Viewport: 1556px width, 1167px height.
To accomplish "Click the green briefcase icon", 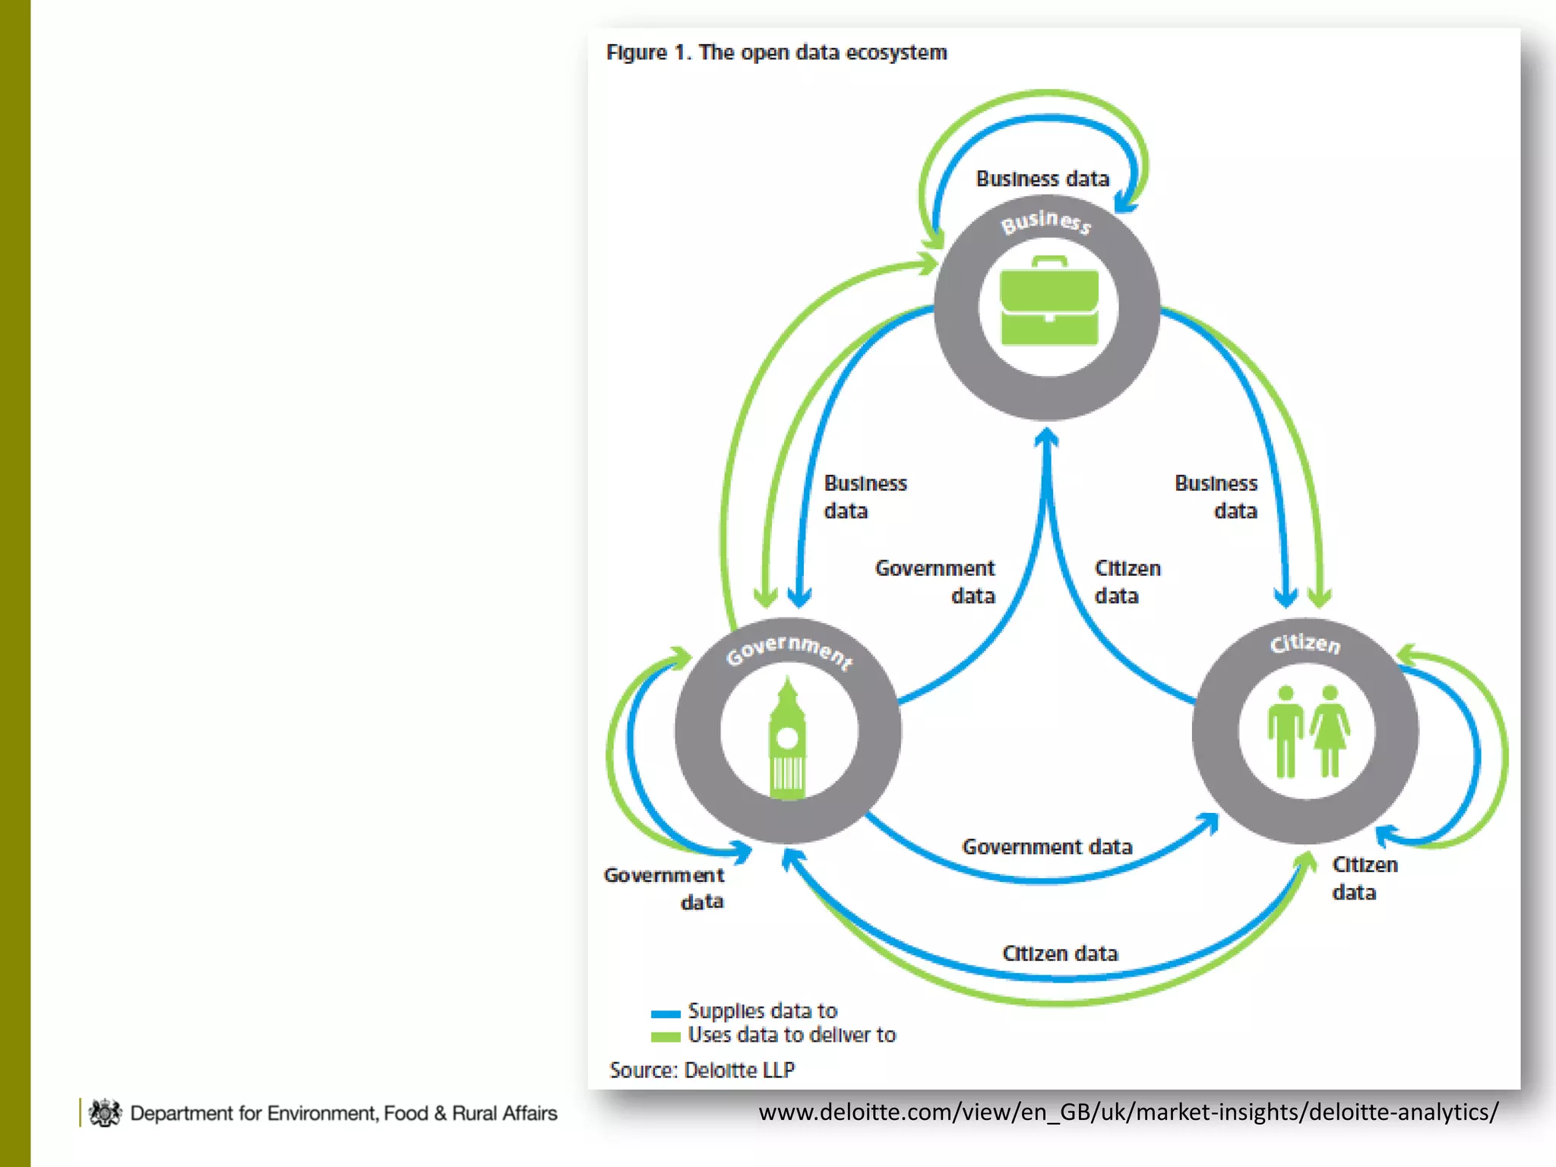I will pyautogui.click(x=1048, y=302).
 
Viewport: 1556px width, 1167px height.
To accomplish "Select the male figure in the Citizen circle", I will pyautogui.click(x=1286, y=732).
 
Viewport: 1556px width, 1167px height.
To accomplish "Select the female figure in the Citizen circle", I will pyautogui.click(x=1330, y=732).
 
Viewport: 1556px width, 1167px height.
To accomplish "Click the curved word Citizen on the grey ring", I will pyautogui.click(x=1305, y=644).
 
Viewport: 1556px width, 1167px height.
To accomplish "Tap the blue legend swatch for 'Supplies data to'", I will pyautogui.click(x=666, y=1013).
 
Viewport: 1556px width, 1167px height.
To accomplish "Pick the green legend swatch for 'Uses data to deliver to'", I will pyautogui.click(x=666, y=1036).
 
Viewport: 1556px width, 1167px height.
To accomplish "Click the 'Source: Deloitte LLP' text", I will pyautogui.click(x=701, y=1070).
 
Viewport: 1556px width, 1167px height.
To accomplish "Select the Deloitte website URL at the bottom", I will pyautogui.click(x=1128, y=1112).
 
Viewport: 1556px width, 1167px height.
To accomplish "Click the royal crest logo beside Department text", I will pyautogui.click(x=105, y=1113).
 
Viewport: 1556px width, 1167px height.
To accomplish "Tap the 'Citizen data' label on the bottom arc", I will pyautogui.click(x=1060, y=954).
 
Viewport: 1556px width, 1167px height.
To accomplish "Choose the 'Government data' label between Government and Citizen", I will pyautogui.click(x=1047, y=846).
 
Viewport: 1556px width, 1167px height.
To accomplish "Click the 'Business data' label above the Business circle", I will pyautogui.click(x=1042, y=179).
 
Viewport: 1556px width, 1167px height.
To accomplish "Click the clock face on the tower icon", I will pyautogui.click(x=788, y=737).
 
